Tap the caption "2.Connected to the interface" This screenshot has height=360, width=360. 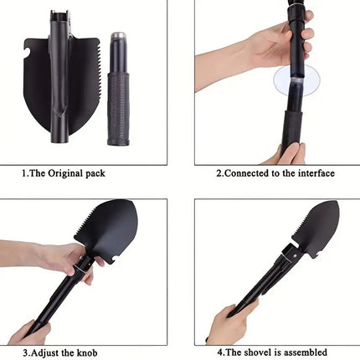click(x=275, y=173)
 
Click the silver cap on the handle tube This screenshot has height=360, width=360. click(x=118, y=39)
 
